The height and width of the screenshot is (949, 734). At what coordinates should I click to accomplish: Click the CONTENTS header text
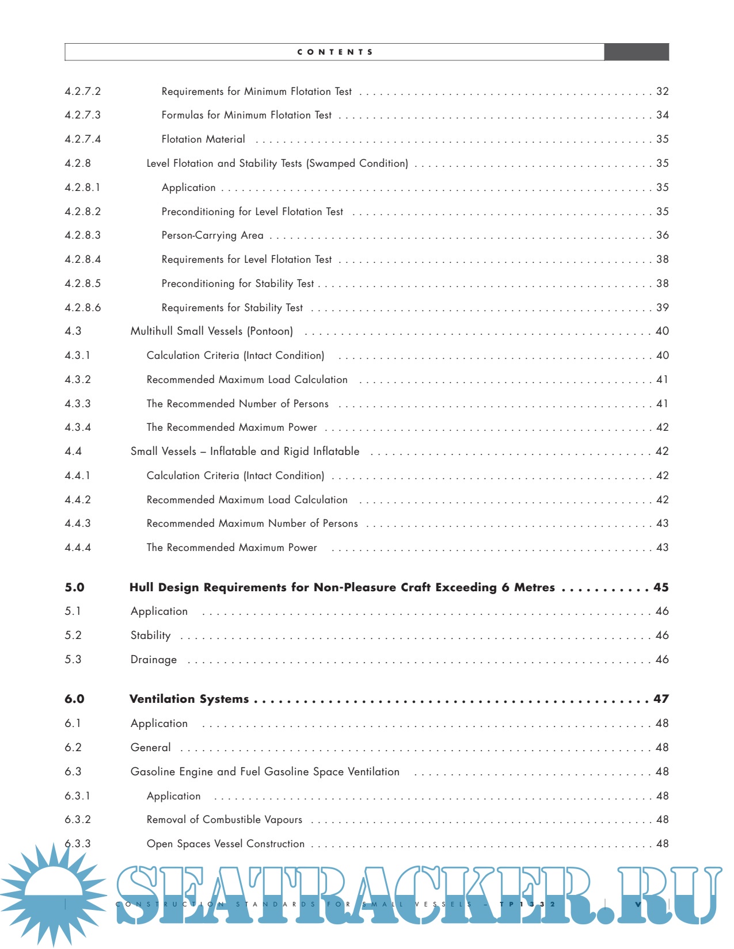335,52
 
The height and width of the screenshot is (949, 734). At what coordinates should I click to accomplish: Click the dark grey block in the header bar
636,52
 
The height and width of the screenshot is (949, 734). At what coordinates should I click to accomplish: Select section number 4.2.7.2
83,91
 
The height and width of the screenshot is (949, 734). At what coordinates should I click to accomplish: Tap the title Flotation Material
203,139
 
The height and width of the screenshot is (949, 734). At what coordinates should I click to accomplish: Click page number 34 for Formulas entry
663,115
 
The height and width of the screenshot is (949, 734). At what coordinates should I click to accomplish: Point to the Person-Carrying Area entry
212,235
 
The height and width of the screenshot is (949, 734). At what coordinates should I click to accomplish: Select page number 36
663,235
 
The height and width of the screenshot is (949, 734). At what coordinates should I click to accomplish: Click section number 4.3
73,331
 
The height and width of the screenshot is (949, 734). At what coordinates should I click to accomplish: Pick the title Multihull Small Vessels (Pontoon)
211,331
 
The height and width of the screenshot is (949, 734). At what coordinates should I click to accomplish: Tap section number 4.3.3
78,404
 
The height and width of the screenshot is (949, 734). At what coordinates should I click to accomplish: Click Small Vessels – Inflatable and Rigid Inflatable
245,451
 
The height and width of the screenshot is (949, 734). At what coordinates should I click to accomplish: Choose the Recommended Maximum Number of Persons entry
252,523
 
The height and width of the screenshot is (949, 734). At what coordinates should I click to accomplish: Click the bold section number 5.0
74,587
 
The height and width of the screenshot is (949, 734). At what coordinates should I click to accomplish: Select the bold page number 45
661,587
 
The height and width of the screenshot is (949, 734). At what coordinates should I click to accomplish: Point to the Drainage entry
154,660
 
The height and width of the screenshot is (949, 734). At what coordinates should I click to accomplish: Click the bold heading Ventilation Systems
189,699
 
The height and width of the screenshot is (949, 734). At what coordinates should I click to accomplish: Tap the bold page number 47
661,699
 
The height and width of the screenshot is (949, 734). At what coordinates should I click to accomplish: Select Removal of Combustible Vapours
224,820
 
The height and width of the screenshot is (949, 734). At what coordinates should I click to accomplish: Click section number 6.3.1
78,796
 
